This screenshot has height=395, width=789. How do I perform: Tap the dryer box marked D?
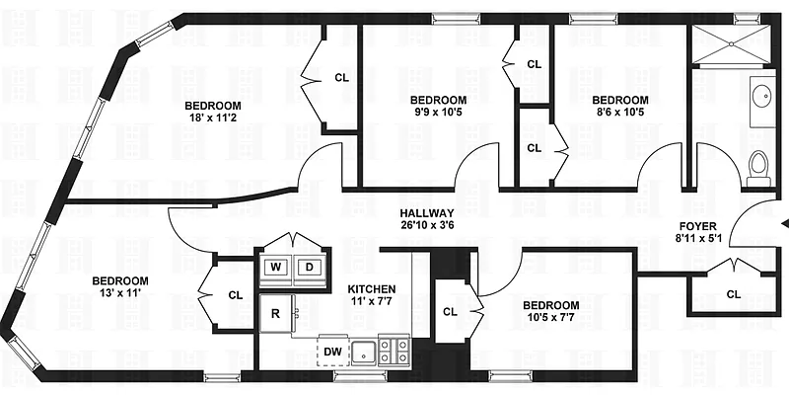tap(309, 267)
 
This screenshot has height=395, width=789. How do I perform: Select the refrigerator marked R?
tap(275, 315)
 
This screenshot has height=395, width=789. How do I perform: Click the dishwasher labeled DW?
tap(332, 350)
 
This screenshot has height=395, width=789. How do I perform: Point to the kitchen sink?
tap(366, 350)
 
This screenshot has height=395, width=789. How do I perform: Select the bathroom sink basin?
tap(761, 98)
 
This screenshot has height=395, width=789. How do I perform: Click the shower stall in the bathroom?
tap(730, 43)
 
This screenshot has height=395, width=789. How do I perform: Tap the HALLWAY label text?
tap(426, 213)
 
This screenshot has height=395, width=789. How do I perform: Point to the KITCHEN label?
tap(372, 289)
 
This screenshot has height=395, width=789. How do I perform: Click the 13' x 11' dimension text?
tap(122, 293)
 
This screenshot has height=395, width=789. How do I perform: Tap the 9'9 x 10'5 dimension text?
tap(438, 113)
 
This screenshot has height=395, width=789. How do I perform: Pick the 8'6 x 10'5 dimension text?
tap(619, 113)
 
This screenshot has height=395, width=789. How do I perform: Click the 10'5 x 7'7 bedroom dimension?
tap(550, 318)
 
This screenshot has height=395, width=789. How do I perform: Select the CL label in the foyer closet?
tap(733, 294)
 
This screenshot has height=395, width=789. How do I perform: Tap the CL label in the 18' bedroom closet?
tap(341, 77)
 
